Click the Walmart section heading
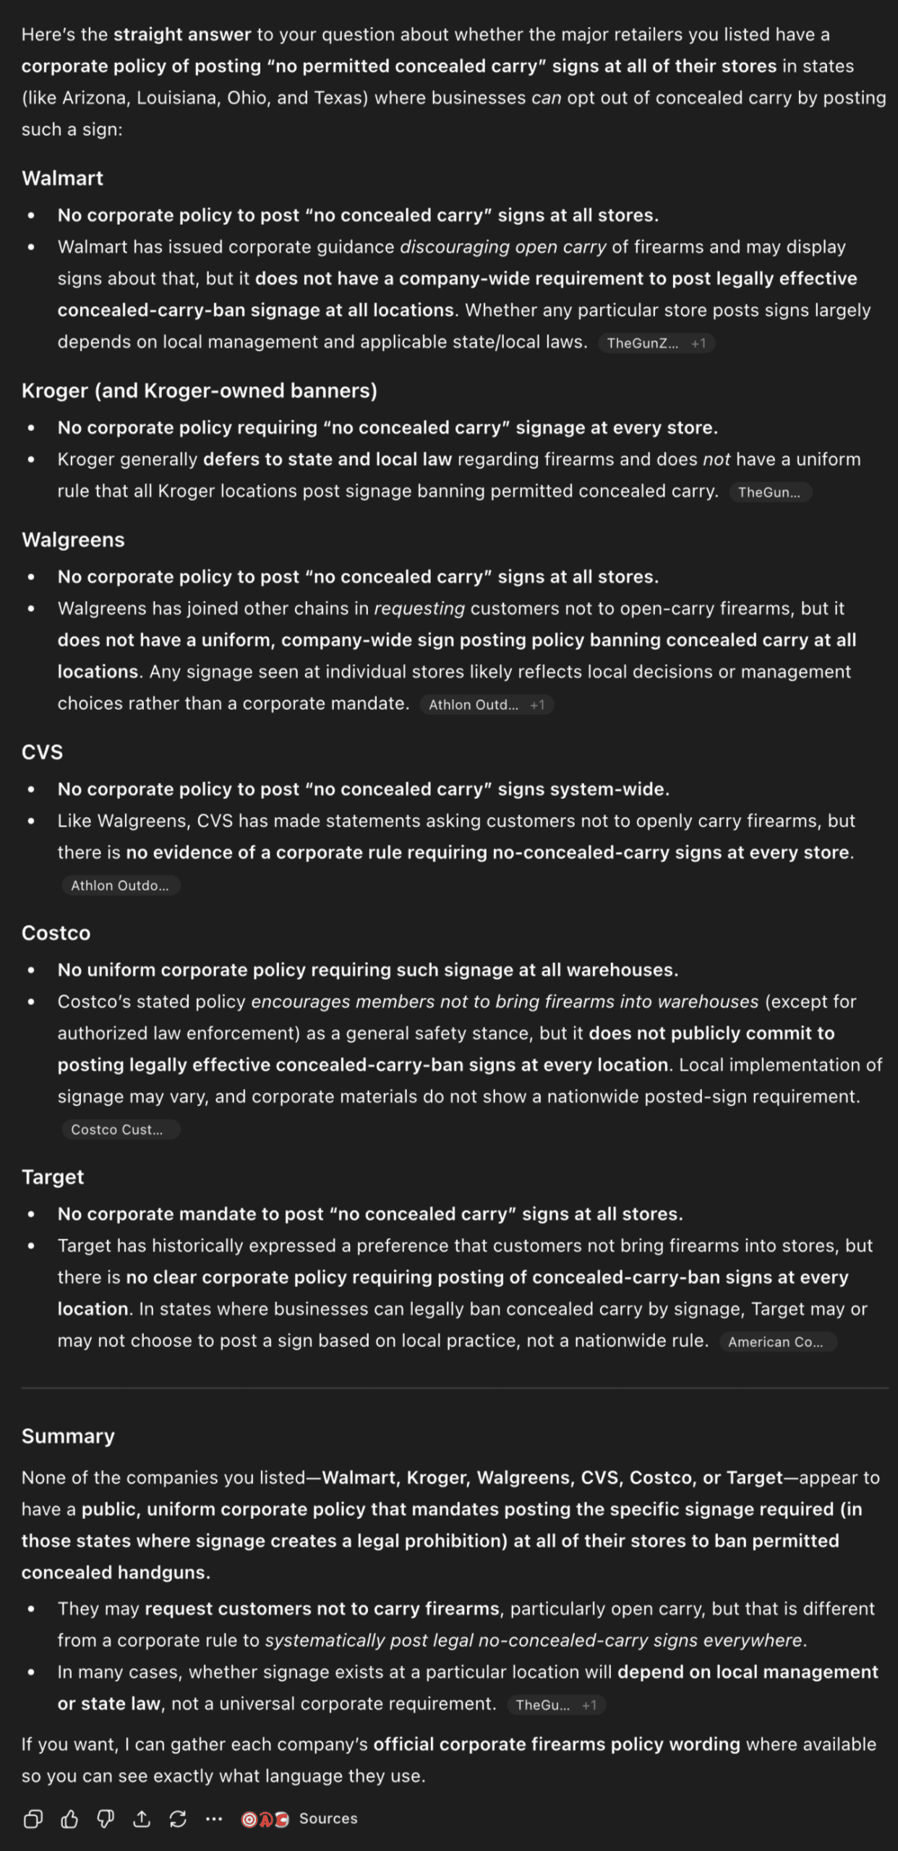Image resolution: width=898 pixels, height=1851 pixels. (62, 178)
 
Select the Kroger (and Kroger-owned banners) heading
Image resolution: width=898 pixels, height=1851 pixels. (199, 390)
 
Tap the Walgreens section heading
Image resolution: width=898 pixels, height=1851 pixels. (73, 539)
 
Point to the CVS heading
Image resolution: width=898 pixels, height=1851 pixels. (42, 752)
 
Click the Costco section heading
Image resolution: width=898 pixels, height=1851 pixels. (56, 933)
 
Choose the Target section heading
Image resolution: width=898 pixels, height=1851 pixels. (53, 1177)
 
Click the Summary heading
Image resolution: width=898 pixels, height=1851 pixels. (68, 1436)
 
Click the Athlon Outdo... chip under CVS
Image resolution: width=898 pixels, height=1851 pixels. (120, 886)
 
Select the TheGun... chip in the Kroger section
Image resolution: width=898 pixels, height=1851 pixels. (770, 492)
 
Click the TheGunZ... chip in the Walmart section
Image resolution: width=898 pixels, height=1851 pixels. (643, 343)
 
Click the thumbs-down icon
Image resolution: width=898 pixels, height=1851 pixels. (106, 1818)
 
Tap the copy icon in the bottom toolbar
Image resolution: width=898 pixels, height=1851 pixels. (33, 1818)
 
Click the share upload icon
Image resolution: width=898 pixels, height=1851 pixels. (142, 1818)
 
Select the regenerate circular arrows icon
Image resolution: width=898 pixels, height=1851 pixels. (178, 1818)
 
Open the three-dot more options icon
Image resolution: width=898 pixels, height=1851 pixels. (214, 1818)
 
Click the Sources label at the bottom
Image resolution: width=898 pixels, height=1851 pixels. (328, 1818)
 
